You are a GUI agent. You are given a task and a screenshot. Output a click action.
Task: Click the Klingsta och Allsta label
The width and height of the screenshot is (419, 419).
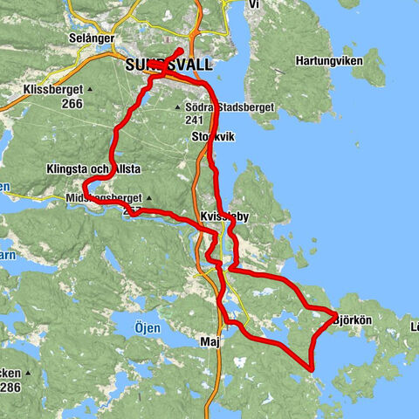94,168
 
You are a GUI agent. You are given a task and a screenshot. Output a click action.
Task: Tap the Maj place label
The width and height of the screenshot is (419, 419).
209,341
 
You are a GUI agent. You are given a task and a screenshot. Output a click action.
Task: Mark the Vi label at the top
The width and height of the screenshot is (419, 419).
254,4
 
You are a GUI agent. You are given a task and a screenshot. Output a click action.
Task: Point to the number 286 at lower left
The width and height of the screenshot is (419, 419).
12,387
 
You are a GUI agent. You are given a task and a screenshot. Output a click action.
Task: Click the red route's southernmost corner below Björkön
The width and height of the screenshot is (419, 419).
312,369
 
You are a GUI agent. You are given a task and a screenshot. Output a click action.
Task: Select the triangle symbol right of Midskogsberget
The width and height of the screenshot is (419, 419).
149,198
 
